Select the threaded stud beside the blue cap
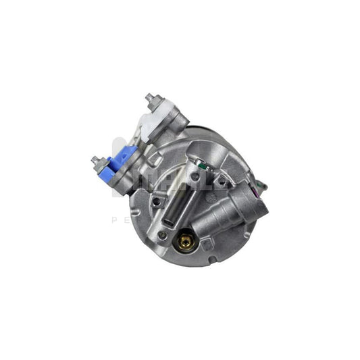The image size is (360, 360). click(x=95, y=161)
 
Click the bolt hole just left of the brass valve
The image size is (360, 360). click(x=162, y=235)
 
